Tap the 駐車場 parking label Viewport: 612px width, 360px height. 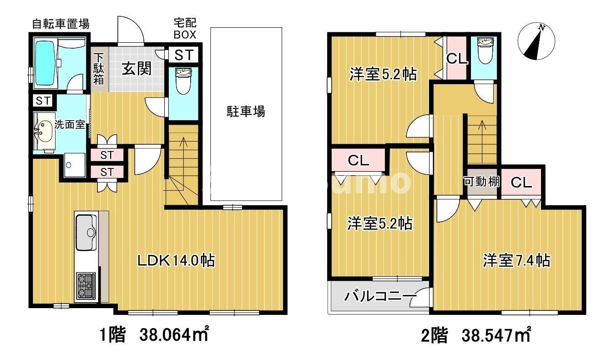click(246, 111)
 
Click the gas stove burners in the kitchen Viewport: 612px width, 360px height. click(85, 285)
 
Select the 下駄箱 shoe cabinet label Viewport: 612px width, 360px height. click(99, 69)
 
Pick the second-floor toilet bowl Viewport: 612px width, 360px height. click(484, 52)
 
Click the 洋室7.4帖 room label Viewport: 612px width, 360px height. click(516, 261)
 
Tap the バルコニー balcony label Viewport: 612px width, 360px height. click(379, 297)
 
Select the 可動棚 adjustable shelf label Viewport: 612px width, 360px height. click(481, 182)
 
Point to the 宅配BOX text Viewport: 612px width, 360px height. click(185, 28)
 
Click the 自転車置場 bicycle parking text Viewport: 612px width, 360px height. click(60, 24)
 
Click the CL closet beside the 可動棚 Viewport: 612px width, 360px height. click(521, 183)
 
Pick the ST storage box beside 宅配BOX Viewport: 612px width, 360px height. click(184, 56)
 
